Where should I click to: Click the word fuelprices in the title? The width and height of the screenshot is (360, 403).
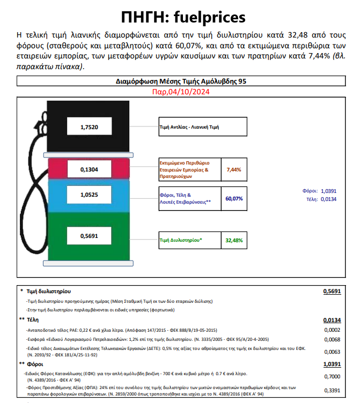[x=211, y=17]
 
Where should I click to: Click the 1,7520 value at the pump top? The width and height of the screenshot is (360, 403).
[x=90, y=127]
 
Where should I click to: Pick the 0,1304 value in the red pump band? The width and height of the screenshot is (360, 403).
[x=89, y=169]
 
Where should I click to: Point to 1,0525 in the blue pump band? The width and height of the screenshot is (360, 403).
[x=89, y=195]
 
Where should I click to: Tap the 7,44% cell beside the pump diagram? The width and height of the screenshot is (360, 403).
[x=234, y=169]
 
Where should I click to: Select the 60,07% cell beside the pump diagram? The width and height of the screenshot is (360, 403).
[x=234, y=198]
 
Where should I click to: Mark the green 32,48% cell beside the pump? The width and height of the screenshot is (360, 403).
[x=234, y=240]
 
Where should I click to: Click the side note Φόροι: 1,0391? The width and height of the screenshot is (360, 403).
[x=320, y=191]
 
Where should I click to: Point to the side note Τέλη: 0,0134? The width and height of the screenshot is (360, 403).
[x=320, y=199]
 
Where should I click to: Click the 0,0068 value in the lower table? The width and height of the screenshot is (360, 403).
[x=333, y=339]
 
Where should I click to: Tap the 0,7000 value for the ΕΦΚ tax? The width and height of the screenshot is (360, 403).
[x=333, y=377]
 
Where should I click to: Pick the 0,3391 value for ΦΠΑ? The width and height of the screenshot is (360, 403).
[x=333, y=390]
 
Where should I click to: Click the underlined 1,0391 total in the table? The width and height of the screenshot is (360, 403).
[x=332, y=364]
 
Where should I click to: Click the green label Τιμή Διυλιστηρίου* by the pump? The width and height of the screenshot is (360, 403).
[x=181, y=240]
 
